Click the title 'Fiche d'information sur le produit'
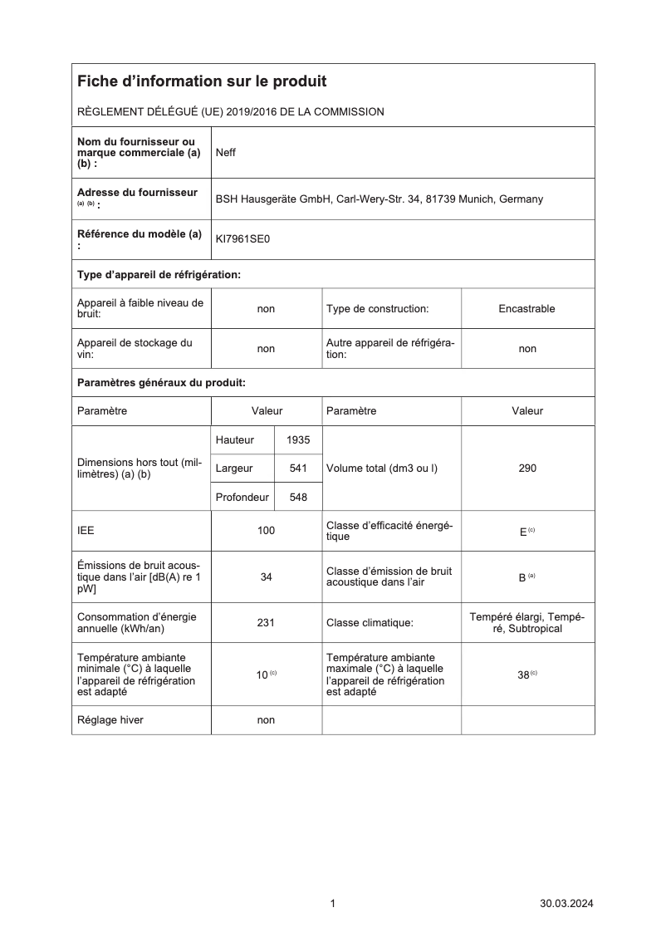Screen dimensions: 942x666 pos(202,81)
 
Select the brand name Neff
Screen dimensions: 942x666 pos(226,153)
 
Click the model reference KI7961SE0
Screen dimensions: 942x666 pos(242,239)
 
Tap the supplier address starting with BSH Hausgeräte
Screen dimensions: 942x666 pos(380,199)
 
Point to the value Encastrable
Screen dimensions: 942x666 pos(527,308)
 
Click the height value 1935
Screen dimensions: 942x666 pos(298,439)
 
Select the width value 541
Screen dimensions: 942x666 pos(298,469)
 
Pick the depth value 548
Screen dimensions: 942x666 pos(298,497)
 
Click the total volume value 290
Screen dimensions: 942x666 pos(527,469)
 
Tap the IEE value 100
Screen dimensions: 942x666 pos(266,531)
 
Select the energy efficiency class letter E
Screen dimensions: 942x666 pos(523,532)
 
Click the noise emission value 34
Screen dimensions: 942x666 pos(266,577)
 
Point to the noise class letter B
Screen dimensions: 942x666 pos(522,577)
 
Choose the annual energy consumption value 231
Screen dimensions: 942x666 pos(266,622)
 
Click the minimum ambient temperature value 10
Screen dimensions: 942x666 pos(262,675)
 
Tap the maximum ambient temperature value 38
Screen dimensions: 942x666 pos(524,675)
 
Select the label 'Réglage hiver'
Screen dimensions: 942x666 pos(110,720)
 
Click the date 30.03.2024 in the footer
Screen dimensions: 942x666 pos(567,904)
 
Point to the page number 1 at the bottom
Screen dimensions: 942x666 pos(333,904)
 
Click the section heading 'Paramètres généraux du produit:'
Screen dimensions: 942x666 pos(162,383)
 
